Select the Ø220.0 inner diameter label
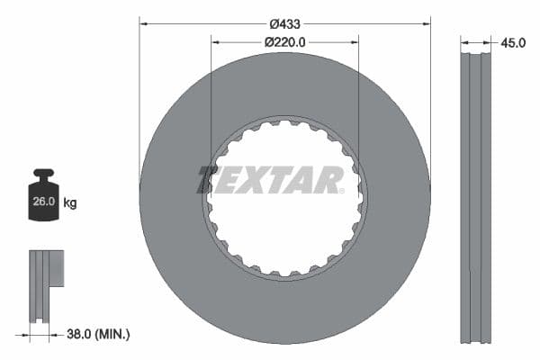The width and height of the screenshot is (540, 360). click(285, 41)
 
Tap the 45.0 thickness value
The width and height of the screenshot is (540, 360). click(514, 40)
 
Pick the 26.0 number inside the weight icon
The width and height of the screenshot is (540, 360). click(44, 202)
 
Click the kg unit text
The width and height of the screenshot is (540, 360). click(70, 203)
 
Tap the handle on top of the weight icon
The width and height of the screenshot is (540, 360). click(44, 173)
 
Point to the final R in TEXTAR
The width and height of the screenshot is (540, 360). click(329, 180)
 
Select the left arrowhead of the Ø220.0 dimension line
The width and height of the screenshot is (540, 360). click(214, 41)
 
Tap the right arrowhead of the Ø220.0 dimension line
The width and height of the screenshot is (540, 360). click(355, 41)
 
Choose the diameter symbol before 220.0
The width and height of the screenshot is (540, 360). click(269, 41)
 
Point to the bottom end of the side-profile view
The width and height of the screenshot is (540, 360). click(476, 340)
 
